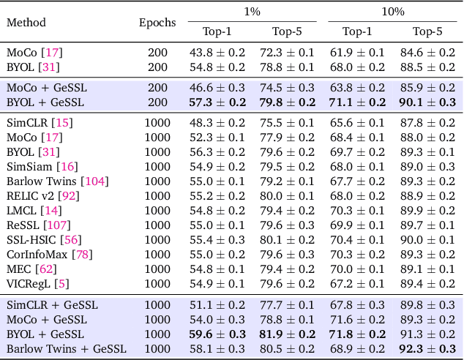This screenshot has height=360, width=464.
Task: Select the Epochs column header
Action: click(x=157, y=22)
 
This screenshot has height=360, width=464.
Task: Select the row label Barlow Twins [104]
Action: click(x=57, y=181)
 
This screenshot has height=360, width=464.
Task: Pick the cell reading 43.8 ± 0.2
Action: click(x=217, y=53)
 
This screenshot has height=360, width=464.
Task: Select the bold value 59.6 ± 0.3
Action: click(x=217, y=334)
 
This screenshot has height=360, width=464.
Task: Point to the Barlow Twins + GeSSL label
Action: click(x=67, y=348)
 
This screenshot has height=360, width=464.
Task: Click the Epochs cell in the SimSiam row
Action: click(x=157, y=166)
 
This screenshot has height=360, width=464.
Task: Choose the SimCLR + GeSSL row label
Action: click(x=52, y=304)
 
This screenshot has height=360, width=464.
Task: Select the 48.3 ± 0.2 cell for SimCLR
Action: click(x=217, y=122)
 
